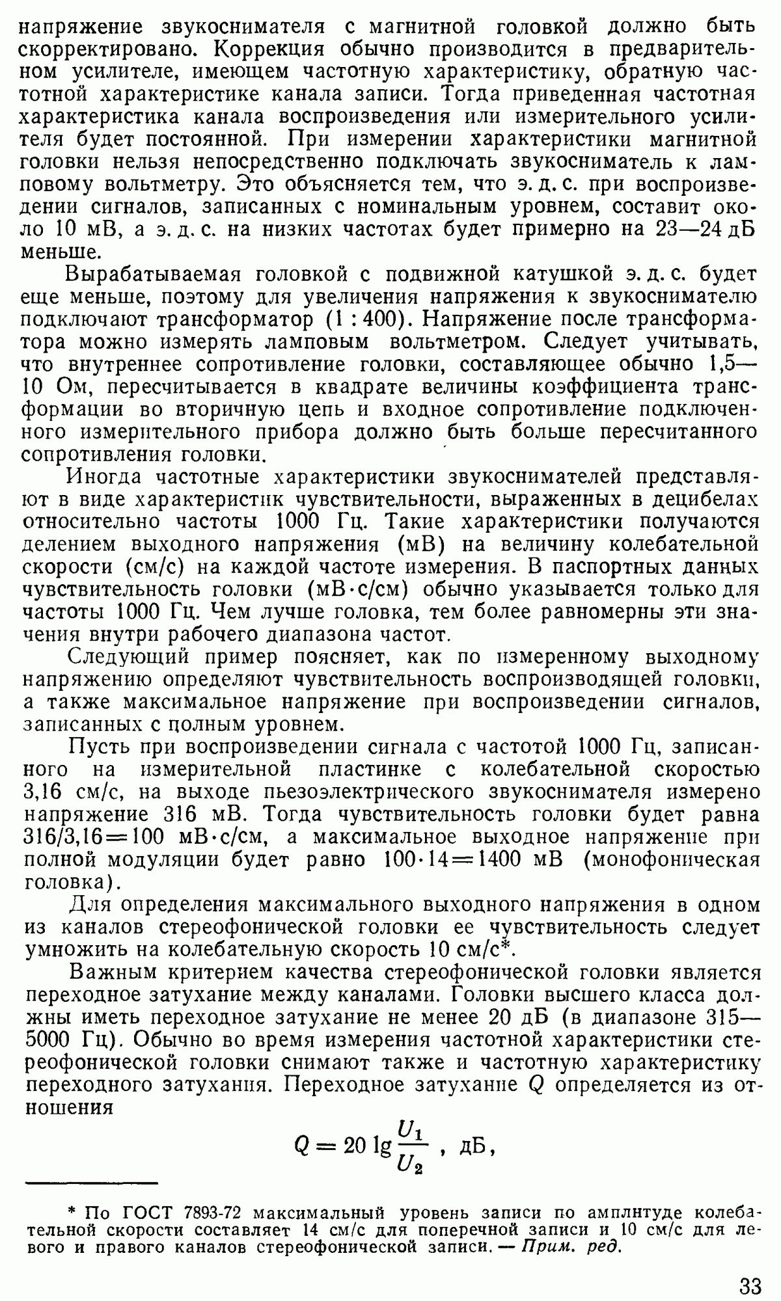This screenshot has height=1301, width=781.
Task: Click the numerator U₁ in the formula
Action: [x=411, y=1133]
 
